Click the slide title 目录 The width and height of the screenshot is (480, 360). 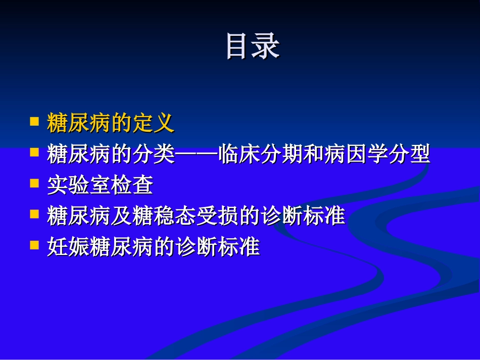pos(252,47)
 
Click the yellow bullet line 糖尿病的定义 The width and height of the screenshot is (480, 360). pos(111,123)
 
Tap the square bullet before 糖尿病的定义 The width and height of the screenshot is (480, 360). pos(35,121)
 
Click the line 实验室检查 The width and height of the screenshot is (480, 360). pos(100,185)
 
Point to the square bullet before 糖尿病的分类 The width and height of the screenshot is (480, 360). pos(35,152)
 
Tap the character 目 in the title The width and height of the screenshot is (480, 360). pos(238,47)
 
